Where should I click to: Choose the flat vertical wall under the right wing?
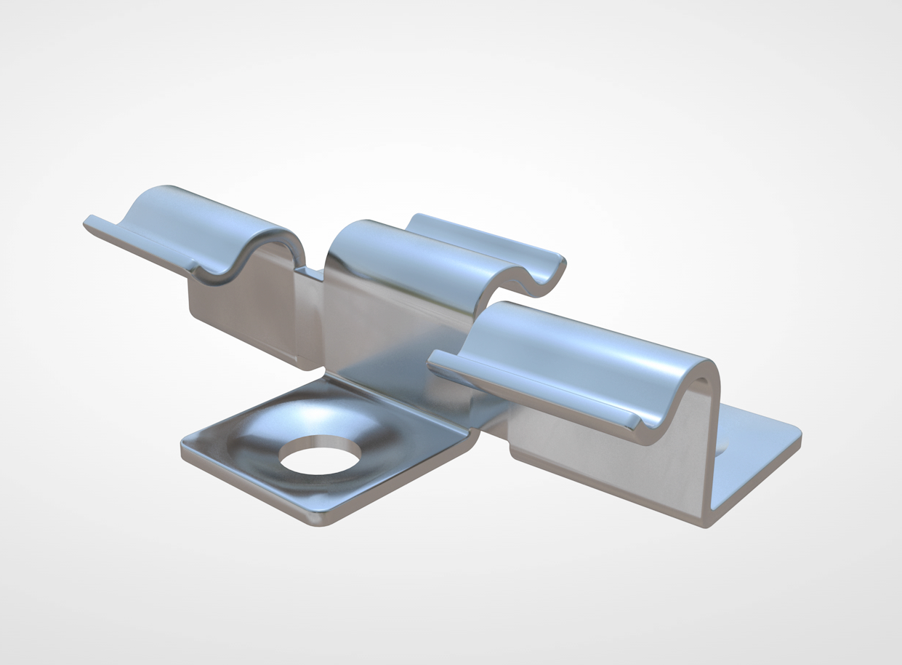pyautogui.click(x=603, y=466)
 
